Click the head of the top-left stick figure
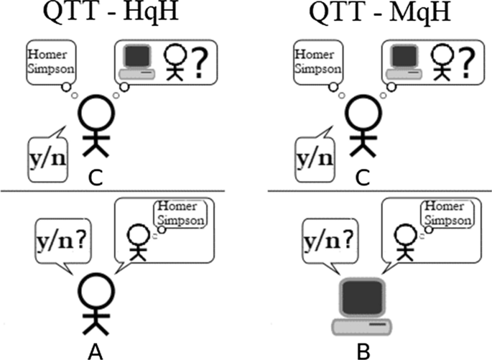tap(96, 114)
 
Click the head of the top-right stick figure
tap(363, 114)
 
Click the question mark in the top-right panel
tap(467, 60)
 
